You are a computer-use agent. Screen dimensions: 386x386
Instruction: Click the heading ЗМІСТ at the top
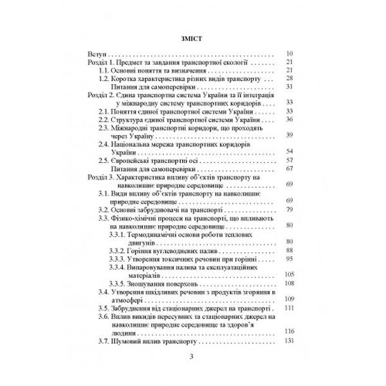(x=193, y=38)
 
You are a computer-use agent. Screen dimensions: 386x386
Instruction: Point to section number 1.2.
(x=106, y=78)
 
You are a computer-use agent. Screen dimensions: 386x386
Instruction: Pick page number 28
(x=289, y=78)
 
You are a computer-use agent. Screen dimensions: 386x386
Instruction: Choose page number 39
(x=289, y=134)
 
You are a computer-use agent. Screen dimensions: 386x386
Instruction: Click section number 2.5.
(x=106, y=160)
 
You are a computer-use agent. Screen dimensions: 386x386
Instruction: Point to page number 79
(x=289, y=210)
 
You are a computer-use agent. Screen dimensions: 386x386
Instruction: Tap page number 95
(x=289, y=259)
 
